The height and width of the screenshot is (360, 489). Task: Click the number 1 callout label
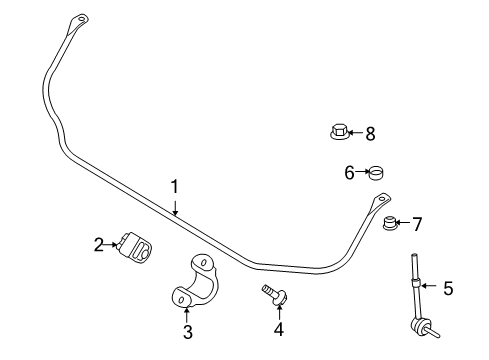point(174,186)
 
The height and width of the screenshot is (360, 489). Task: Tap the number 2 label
point(99,243)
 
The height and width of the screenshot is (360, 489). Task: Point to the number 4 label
point(279,329)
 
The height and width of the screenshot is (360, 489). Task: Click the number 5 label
point(448,289)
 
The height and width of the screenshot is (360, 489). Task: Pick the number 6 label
point(350,173)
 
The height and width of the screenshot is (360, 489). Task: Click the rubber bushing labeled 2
point(134,247)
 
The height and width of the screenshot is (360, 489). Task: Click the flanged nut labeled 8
point(339,130)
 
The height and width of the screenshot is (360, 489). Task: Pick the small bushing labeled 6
point(376,173)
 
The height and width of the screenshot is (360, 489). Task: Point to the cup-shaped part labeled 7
point(392,222)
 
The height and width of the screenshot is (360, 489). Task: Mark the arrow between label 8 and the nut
point(355,131)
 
